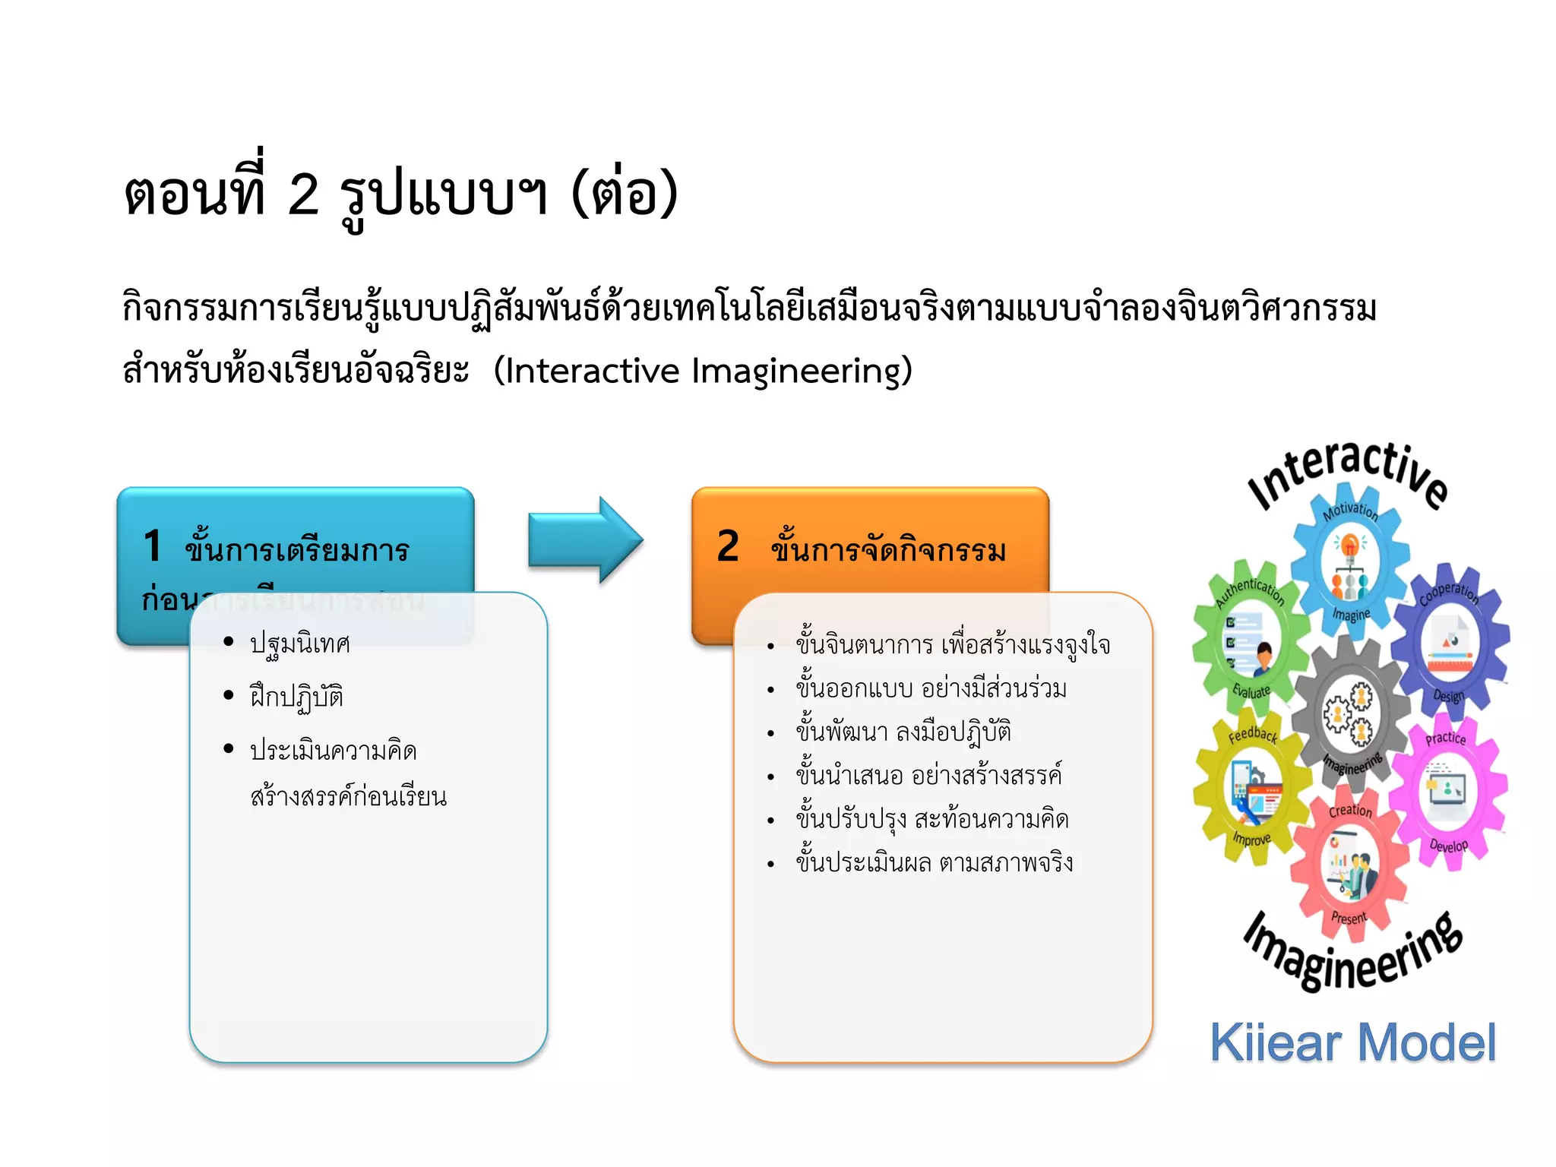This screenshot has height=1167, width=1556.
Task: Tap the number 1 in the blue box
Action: click(153, 546)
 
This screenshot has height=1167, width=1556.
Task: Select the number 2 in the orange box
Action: click(727, 546)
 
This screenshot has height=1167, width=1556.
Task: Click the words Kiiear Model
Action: click(1352, 1042)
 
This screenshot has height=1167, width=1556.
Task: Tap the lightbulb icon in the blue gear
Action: click(1350, 545)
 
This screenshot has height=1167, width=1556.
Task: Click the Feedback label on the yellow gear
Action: click(1253, 733)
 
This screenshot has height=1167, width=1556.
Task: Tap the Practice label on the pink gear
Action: click(1445, 738)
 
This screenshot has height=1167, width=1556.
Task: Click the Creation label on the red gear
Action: click(1350, 811)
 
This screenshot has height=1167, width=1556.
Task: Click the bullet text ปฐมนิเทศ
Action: click(300, 644)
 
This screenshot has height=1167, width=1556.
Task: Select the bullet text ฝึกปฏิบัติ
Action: click(296, 697)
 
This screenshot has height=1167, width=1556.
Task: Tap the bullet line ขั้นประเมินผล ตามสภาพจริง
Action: click(934, 863)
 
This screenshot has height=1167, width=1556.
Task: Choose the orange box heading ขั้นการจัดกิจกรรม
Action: click(887, 549)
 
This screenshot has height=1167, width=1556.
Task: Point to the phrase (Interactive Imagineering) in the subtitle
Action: click(703, 372)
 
